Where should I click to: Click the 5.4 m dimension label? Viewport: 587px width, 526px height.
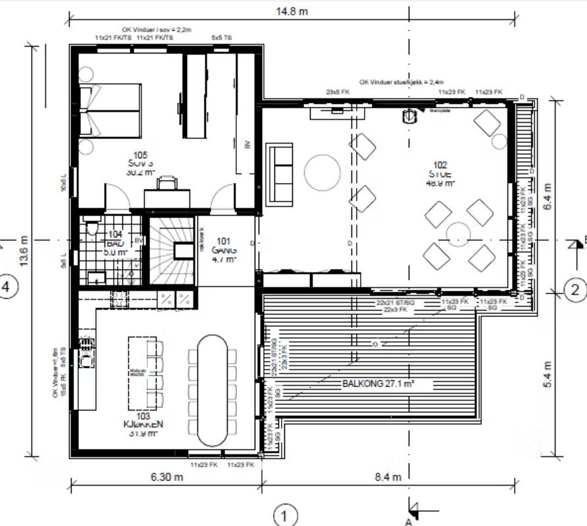click(548, 374)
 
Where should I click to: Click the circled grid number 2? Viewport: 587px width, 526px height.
click(574, 289)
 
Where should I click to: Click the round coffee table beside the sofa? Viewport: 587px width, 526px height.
click(322, 172)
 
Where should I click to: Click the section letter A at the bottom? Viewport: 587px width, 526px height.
click(408, 521)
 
